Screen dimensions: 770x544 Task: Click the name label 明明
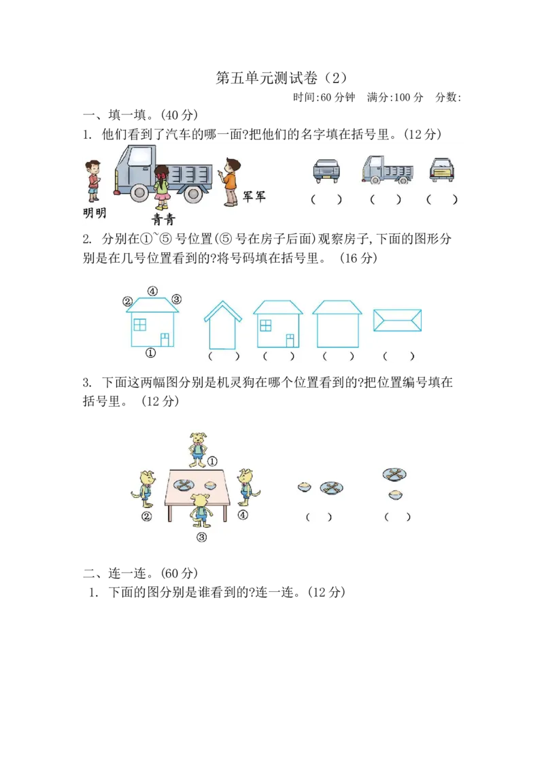(95, 213)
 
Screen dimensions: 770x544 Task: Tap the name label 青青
(163, 219)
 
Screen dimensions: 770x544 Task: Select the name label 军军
(254, 197)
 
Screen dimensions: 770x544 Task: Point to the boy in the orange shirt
(231, 181)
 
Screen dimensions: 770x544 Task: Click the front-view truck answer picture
(326, 170)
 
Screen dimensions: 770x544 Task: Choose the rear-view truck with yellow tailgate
(442, 170)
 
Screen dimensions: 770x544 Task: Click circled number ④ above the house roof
(153, 291)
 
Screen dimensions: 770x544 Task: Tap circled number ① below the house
(151, 353)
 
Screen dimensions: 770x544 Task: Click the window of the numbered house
(140, 325)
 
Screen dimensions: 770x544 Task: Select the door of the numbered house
(165, 339)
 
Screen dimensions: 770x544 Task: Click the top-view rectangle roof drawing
(398, 320)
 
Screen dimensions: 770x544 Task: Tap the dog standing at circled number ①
(198, 448)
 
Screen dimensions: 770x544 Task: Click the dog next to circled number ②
(148, 488)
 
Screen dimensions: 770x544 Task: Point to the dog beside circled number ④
(246, 486)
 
